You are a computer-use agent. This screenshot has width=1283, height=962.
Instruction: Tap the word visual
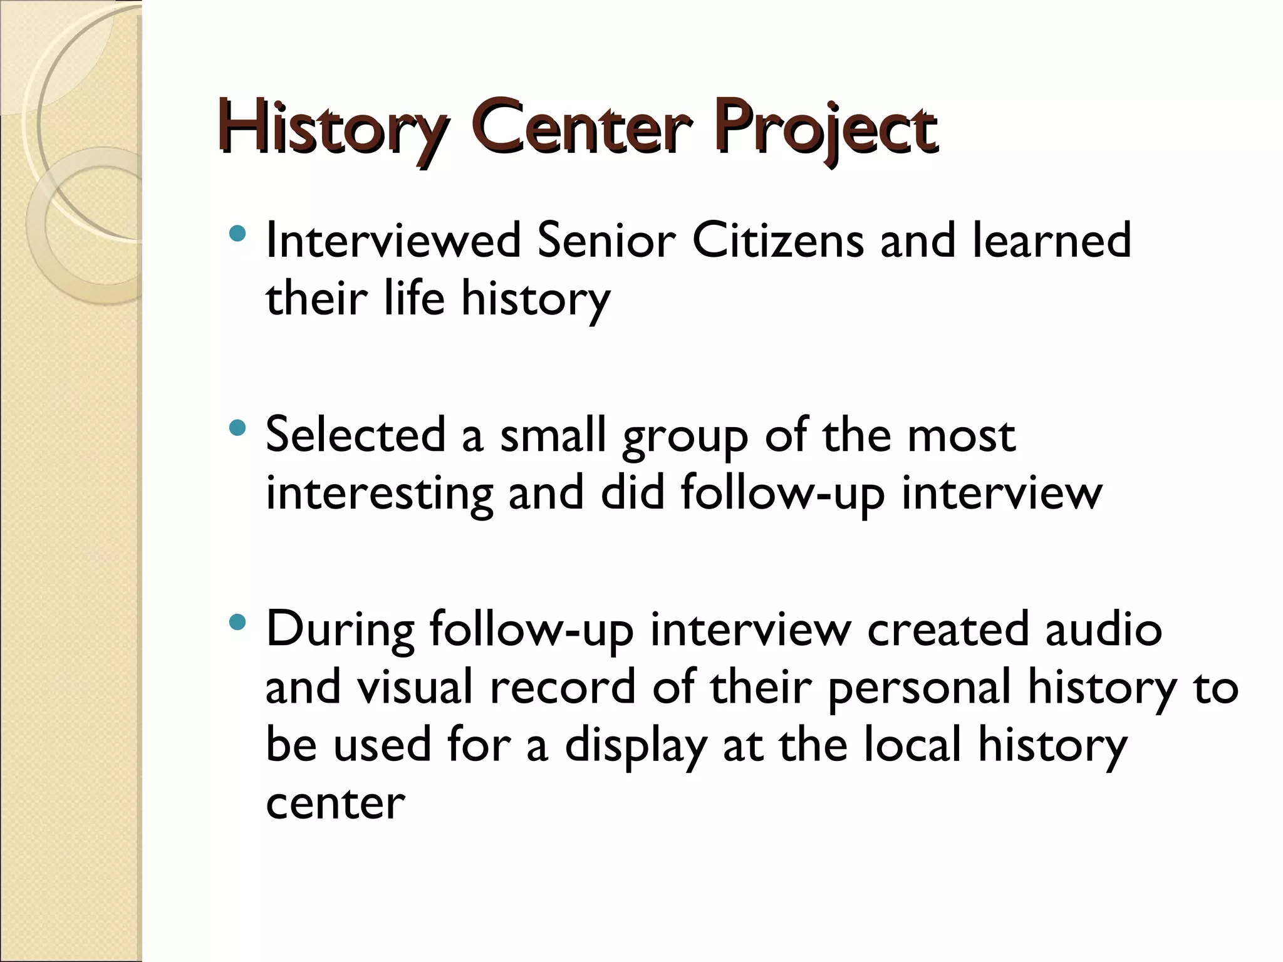point(414,687)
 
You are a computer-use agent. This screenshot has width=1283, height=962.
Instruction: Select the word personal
point(919,687)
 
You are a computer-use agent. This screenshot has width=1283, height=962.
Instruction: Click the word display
point(635,745)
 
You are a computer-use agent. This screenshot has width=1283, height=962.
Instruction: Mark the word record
point(562,687)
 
